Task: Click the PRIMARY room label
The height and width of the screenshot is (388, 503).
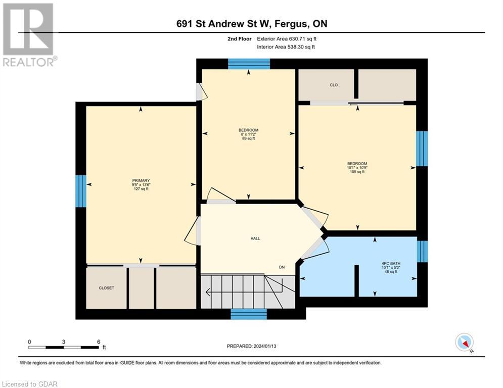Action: click(141, 181)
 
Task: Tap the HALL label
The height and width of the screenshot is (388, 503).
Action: click(255, 238)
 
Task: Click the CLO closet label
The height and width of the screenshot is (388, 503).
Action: click(334, 85)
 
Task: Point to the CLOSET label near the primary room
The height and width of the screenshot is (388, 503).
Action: click(106, 288)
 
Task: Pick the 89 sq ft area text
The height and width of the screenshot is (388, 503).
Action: click(248, 138)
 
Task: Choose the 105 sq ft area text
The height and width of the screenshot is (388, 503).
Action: click(356, 172)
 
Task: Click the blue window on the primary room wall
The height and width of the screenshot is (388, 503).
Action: click(81, 191)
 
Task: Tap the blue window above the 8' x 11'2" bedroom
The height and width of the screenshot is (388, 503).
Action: click(248, 64)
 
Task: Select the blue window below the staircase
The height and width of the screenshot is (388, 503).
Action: click(249, 314)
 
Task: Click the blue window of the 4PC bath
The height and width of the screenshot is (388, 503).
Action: click(422, 251)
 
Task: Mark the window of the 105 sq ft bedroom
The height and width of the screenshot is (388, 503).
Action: click(422, 149)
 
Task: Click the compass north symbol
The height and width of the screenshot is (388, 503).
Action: click(464, 343)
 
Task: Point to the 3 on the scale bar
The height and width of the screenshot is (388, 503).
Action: click(64, 342)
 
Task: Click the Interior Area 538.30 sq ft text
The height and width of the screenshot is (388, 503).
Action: click(286, 47)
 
